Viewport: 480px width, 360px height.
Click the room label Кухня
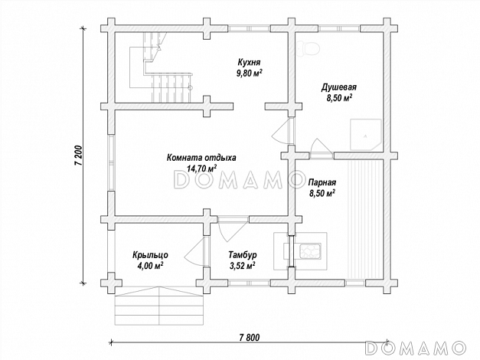249,63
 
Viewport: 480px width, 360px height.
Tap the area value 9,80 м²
249,74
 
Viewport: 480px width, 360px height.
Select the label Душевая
338,87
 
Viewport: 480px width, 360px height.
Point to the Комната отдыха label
201,158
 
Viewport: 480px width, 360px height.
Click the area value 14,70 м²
201,169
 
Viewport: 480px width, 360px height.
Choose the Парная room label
322,182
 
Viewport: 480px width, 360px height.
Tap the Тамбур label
243,255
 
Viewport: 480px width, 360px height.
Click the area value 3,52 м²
243,265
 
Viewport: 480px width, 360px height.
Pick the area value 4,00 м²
150,265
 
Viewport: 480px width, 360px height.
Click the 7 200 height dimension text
78,155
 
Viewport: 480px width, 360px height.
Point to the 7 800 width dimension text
249,337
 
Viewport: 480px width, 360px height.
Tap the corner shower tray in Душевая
366,135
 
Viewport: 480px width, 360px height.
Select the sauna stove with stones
310,251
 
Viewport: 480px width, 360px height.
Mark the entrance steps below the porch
159,306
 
